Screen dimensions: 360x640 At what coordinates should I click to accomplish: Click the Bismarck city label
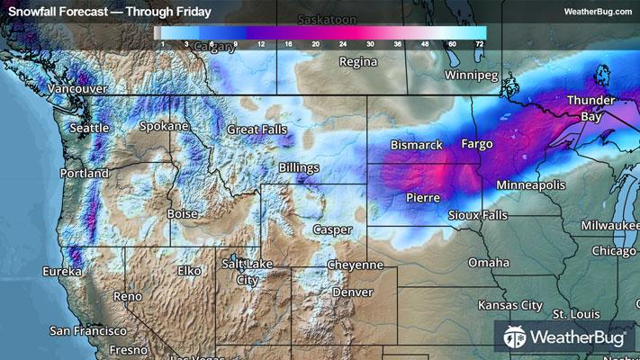point(417,145)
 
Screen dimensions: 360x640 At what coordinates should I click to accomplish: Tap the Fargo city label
point(477,144)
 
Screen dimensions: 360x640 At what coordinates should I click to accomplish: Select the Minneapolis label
point(530,184)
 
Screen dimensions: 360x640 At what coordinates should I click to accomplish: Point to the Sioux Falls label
point(478,216)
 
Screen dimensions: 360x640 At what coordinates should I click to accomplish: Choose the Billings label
point(299,168)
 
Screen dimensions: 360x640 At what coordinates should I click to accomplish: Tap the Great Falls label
point(254,130)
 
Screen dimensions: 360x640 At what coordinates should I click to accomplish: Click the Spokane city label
point(162,127)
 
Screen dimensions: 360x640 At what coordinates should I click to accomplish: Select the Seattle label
point(89,129)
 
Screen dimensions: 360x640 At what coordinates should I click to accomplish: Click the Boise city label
point(183,214)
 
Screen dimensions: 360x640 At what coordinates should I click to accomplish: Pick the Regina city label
point(356,62)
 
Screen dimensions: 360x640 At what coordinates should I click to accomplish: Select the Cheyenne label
point(355,265)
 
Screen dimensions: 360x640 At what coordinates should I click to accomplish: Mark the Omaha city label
point(488,263)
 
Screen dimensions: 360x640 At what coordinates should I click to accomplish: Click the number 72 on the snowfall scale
point(480,43)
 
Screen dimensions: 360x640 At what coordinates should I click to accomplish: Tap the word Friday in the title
point(191,12)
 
